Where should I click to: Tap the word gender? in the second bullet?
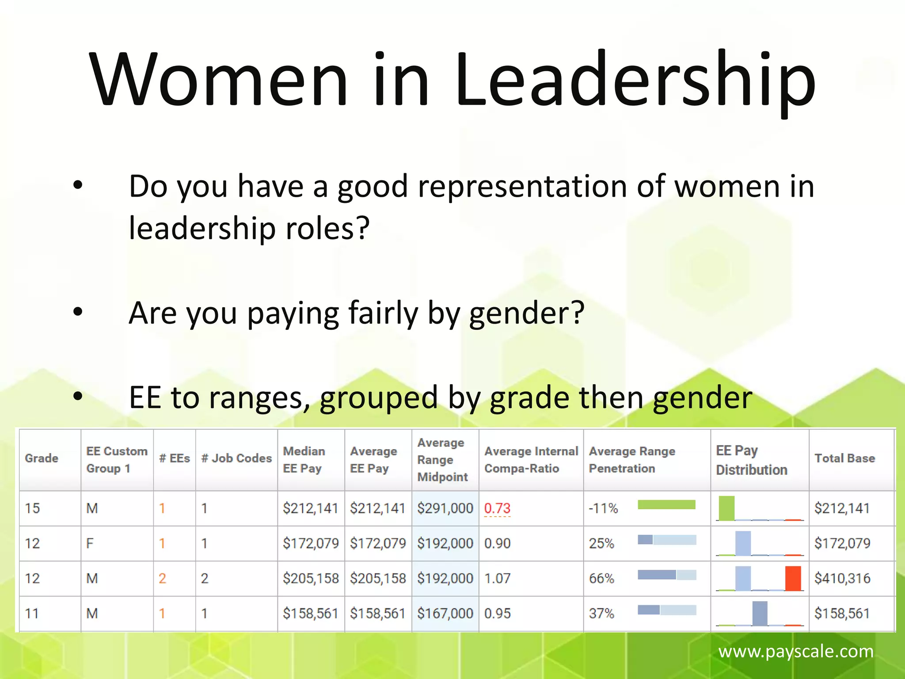tap(526, 313)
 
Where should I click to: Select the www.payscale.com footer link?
tap(795, 651)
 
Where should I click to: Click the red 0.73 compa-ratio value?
tap(497, 508)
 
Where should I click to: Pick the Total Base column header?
tap(844, 458)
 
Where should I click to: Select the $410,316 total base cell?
tap(842, 578)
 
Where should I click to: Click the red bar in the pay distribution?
tap(793, 578)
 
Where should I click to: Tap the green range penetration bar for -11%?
tap(666, 505)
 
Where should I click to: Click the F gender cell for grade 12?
tap(90, 543)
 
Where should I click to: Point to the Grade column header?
tap(42, 458)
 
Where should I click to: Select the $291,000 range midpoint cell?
tap(445, 508)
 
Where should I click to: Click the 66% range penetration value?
tap(601, 578)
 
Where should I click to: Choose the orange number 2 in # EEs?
tap(162, 578)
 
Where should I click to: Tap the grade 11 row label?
tap(32, 614)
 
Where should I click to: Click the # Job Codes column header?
tap(236, 458)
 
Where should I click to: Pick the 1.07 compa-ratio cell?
tap(497, 578)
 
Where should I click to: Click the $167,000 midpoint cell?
tap(445, 614)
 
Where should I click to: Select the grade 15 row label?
tap(32, 508)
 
